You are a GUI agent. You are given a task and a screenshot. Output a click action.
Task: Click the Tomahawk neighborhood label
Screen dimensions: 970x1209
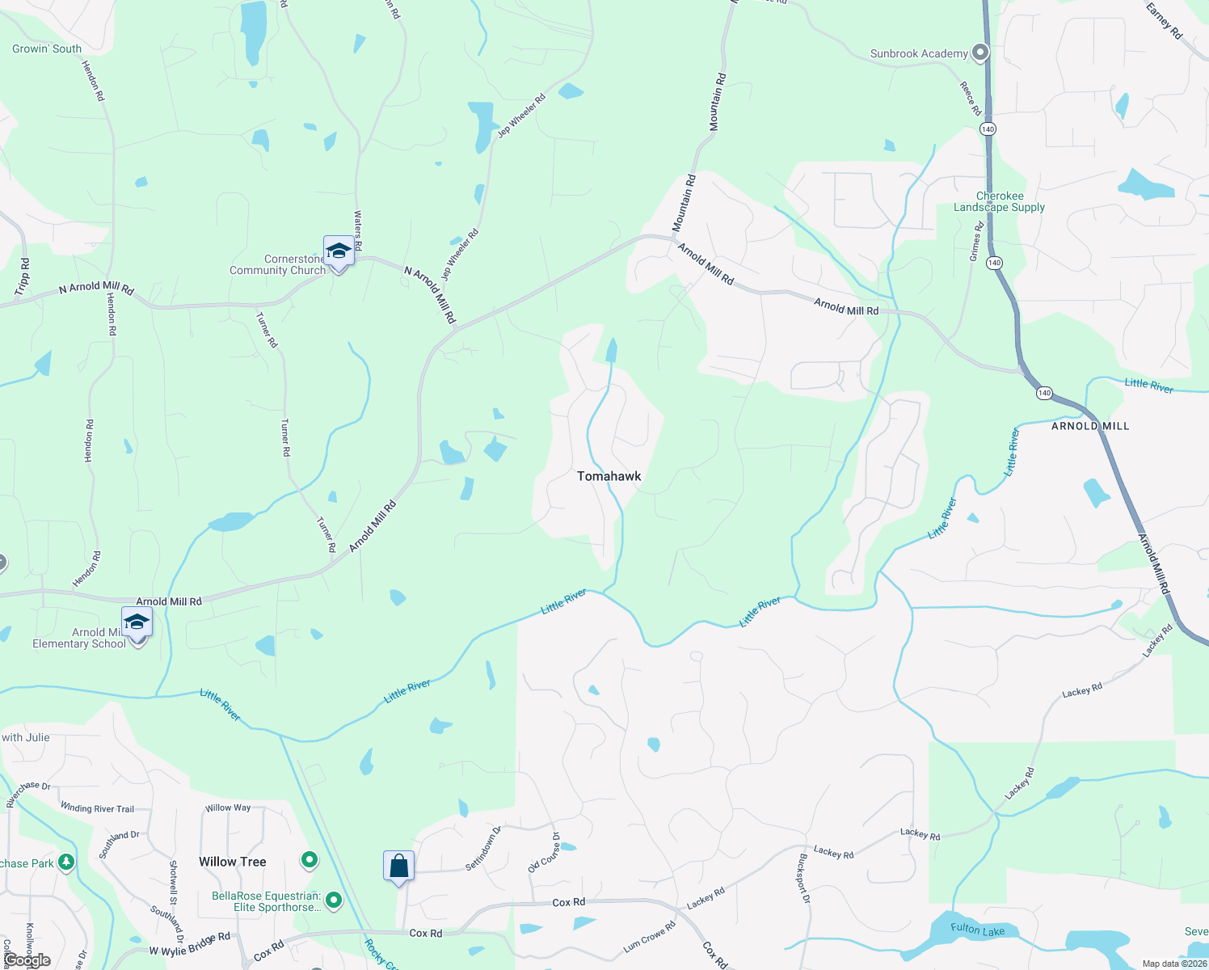coord(609,476)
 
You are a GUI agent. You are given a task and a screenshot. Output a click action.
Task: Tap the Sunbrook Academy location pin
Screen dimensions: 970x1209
coord(980,53)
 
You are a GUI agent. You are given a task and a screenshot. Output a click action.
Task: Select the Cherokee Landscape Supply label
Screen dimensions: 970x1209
coord(999,202)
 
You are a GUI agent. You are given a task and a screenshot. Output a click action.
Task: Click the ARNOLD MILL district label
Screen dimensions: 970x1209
coord(1090,426)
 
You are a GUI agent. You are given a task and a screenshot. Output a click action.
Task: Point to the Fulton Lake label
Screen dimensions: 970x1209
coord(977,930)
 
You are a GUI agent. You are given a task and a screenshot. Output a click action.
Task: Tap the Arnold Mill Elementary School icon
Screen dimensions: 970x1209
coord(137,622)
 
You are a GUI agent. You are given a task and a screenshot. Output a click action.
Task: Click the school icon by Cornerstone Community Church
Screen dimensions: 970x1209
coord(339,251)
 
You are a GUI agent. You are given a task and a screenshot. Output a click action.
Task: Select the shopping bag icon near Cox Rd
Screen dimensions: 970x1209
coord(399,867)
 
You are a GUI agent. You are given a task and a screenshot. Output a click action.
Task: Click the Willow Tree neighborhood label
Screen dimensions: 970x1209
coord(233,862)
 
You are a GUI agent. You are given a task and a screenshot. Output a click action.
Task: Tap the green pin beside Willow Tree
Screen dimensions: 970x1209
coord(310,860)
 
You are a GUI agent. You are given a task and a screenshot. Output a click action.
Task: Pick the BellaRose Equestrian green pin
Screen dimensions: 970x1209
coord(334,900)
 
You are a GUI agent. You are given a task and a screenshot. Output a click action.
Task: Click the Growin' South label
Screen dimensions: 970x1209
coord(47,48)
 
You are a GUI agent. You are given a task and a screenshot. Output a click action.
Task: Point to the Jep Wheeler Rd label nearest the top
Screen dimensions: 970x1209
coord(521,116)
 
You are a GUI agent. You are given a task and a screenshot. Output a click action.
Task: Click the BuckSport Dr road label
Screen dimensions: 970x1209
coord(803,878)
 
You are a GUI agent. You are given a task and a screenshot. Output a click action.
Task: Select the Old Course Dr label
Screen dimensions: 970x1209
coord(544,853)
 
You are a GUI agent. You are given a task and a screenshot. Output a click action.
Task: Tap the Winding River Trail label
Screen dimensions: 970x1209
coord(97,808)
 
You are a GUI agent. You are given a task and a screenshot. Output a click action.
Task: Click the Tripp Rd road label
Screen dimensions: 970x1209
coord(22,276)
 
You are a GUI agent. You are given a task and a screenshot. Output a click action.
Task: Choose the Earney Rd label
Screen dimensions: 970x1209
coord(1164,21)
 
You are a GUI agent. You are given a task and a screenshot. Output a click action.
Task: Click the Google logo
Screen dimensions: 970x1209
coord(27,960)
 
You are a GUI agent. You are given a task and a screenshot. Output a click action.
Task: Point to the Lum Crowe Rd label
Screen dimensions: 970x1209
coord(649,937)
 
